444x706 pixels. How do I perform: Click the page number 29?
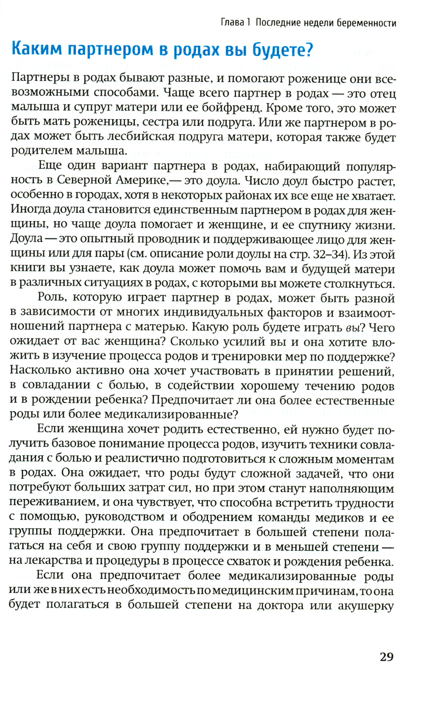coord(386,657)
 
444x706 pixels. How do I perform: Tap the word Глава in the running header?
coord(232,23)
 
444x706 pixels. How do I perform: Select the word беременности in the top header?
coord(368,23)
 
